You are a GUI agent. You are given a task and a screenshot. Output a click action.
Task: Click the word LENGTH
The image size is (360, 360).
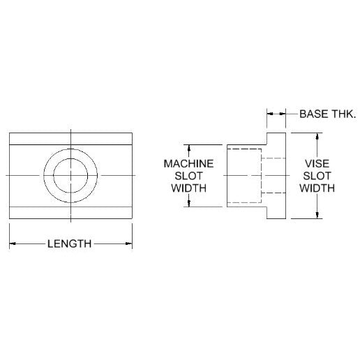pyautogui.click(x=69, y=243)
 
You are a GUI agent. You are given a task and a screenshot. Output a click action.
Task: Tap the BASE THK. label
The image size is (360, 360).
pyautogui.click(x=328, y=114)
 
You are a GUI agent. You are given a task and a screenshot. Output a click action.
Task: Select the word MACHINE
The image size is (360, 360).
pyautogui.click(x=188, y=164)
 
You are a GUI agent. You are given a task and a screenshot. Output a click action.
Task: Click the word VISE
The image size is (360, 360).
pyautogui.click(x=317, y=164)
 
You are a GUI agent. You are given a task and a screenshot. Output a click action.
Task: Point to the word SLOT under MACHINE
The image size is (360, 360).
pyautogui.click(x=188, y=176)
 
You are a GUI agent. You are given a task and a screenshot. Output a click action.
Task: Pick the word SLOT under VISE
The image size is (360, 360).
pyautogui.click(x=317, y=176)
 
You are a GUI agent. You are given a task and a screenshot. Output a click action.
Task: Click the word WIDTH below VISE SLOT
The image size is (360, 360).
pyautogui.click(x=317, y=188)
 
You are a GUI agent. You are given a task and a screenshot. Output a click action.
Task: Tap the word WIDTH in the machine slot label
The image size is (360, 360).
pyautogui.click(x=188, y=188)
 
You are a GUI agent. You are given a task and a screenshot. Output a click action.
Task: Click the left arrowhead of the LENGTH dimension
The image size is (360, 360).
pyautogui.click(x=13, y=243)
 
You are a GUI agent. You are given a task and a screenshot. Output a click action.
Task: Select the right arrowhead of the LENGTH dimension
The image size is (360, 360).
pyautogui.click(x=129, y=243)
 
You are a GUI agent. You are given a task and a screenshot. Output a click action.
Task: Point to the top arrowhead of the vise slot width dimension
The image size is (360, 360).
pyautogui.click(x=317, y=136)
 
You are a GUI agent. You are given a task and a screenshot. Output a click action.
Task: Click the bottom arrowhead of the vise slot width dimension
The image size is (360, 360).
pyautogui.click(x=317, y=216)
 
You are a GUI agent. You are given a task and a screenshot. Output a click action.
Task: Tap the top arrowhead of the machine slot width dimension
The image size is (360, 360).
pyautogui.click(x=189, y=148)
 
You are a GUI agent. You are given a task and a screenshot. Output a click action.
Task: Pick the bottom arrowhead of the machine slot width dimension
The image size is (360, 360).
pyautogui.click(x=189, y=204)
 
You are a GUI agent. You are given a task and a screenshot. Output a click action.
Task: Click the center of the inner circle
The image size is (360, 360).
pyautogui.click(x=70, y=176)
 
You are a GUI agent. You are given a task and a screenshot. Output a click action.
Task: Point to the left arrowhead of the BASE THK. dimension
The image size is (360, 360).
pyautogui.click(x=270, y=114)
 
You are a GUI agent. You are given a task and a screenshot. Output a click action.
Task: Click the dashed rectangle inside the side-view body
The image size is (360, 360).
pyautogui.click(x=262, y=176)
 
